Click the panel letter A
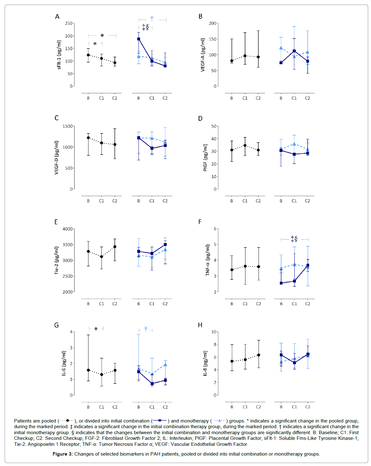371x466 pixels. pyautogui.click(x=57, y=17)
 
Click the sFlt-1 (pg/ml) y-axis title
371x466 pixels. pyautogui.click(x=59, y=55)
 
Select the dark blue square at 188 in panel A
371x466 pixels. pyautogui.click(x=138, y=39)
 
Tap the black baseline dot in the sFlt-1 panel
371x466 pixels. pyautogui.click(x=88, y=55)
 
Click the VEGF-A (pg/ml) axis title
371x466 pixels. pyautogui.click(x=203, y=55)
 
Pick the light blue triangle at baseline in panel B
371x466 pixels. pyautogui.click(x=281, y=48)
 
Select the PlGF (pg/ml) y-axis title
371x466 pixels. pyautogui.click(x=205, y=158)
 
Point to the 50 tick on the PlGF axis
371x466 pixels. pyautogui.click(x=214, y=126)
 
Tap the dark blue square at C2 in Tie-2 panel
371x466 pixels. pyautogui.click(x=165, y=245)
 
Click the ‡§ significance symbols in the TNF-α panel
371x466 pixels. pyautogui.click(x=294, y=239)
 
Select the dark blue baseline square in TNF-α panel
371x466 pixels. pyautogui.click(x=281, y=283)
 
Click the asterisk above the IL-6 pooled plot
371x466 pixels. pyautogui.click(x=96, y=329)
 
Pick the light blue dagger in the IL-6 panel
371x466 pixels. pyautogui.click(x=146, y=329)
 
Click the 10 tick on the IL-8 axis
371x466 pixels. pyautogui.click(x=214, y=332)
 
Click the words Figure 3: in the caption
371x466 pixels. pyautogui.click(x=62, y=454)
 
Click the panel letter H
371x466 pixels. pyautogui.click(x=200, y=325)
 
